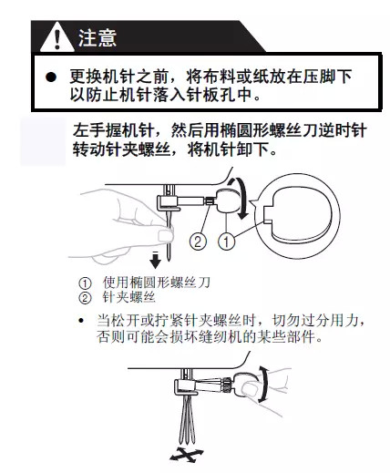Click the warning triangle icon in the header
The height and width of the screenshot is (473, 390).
pyautogui.click(x=59, y=39)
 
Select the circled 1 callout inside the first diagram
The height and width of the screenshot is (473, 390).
pyautogui.click(x=223, y=242)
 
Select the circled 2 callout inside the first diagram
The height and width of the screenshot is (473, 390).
pyautogui.click(x=196, y=242)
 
